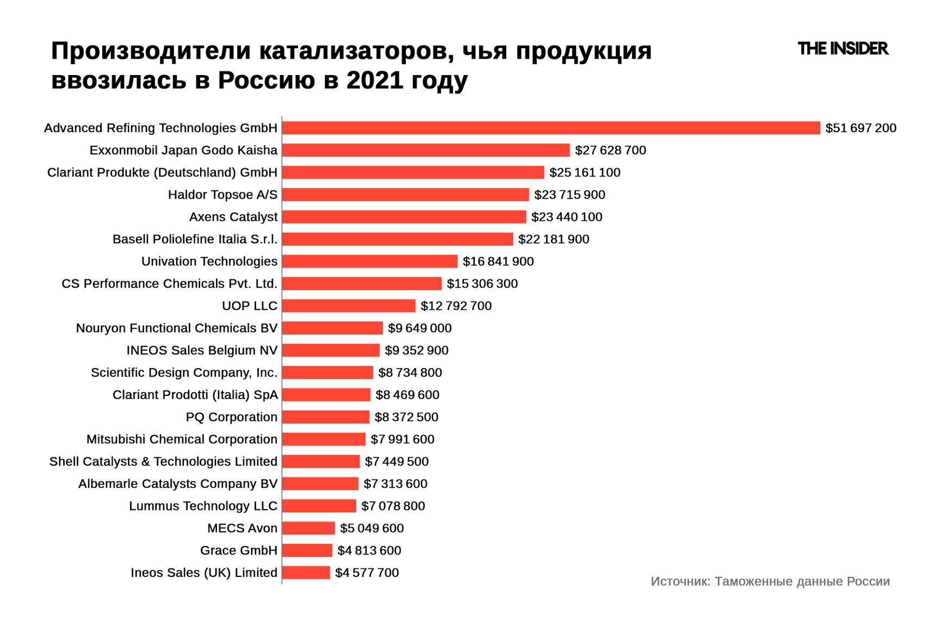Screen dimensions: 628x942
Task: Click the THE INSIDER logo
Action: (842, 49)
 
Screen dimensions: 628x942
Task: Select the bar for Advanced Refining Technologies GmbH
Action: (550, 128)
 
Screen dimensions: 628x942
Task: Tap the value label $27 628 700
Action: (610, 150)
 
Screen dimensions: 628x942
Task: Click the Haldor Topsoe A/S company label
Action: (222, 195)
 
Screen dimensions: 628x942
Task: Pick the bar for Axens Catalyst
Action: (404, 217)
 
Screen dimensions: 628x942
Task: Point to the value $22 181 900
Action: (553, 239)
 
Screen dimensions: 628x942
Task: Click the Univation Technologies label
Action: (209, 262)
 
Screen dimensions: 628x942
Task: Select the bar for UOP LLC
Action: (349, 306)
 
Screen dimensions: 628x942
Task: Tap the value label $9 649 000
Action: (419, 328)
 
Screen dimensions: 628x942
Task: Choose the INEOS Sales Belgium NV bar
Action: (331, 351)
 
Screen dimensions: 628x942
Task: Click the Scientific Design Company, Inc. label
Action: (184, 373)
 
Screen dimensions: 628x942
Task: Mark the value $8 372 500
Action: (406, 417)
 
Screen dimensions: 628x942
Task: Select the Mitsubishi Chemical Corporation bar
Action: (324, 439)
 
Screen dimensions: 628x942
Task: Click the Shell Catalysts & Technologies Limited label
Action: (163, 462)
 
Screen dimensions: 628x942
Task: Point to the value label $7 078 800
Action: (393, 506)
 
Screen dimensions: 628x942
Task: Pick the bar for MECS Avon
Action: (308, 528)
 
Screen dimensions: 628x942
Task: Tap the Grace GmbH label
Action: (239, 551)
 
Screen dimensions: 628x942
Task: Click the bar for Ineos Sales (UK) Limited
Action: (306, 573)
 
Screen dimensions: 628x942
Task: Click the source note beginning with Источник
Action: (770, 582)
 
